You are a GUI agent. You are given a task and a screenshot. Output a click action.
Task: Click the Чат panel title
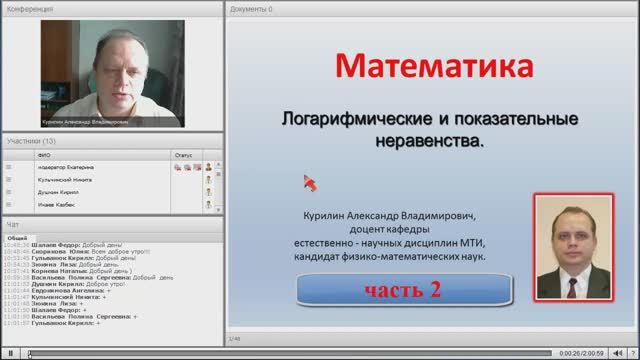12,224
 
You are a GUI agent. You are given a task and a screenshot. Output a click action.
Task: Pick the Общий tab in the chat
17,238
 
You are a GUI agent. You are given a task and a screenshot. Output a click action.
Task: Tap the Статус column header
182,155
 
